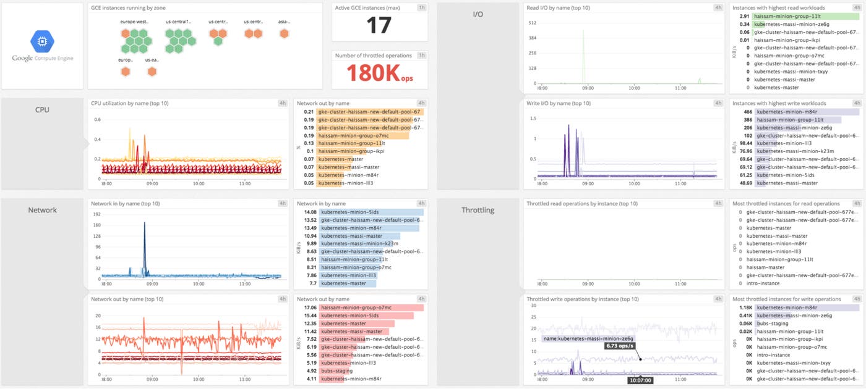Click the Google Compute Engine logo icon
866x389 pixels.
(42, 41)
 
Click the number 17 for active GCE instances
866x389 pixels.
(379, 25)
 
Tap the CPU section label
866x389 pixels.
(42, 110)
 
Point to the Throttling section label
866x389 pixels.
(478, 210)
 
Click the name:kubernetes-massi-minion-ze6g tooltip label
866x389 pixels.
(588, 338)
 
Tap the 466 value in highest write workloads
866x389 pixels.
(747, 112)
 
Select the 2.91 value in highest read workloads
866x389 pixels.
(744, 16)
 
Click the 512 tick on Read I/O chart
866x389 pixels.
(531, 23)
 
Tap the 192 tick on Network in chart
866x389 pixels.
(96, 214)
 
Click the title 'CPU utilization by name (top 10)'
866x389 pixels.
(129, 103)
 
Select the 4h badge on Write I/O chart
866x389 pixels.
(718, 103)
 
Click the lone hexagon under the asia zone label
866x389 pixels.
(285, 34)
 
